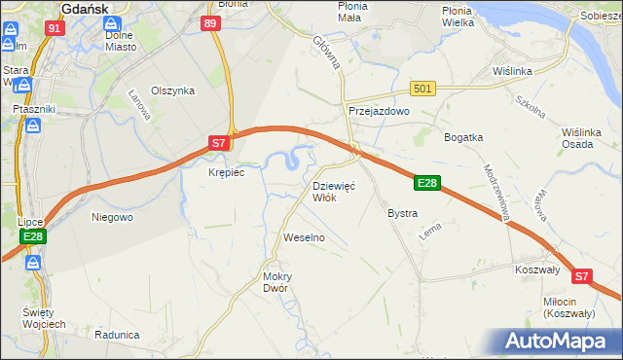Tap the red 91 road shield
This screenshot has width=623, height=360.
[x=55, y=28]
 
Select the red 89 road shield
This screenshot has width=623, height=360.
[x=211, y=23]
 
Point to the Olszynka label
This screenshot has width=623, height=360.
[x=173, y=90]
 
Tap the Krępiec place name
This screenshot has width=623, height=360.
[x=226, y=172]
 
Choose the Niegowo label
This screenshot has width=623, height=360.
[x=112, y=217]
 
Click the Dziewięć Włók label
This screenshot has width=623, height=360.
[x=334, y=191]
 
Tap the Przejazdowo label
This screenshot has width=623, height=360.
[x=380, y=112]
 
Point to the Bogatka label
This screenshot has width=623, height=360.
[x=463, y=137]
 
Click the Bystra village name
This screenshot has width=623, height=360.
[x=402, y=213]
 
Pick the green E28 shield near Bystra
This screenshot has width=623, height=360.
[x=428, y=182]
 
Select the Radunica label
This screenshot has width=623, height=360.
[x=117, y=334]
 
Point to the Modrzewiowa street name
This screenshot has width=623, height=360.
[x=496, y=190]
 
